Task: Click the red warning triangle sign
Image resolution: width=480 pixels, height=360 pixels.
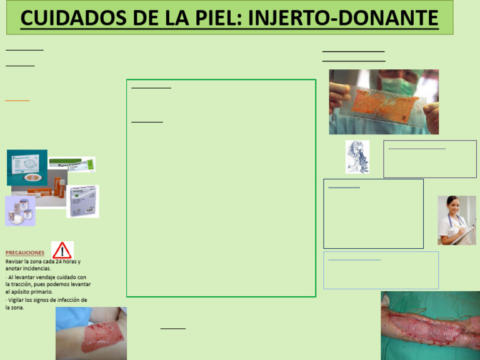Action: click(62, 251)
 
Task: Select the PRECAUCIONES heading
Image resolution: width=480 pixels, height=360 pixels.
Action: click(25, 252)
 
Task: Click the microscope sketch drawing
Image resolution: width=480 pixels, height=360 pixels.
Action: click(357, 156)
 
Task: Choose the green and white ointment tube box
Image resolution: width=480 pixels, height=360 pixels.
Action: click(71, 164)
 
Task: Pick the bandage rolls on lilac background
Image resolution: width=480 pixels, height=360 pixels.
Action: click(19, 211)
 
